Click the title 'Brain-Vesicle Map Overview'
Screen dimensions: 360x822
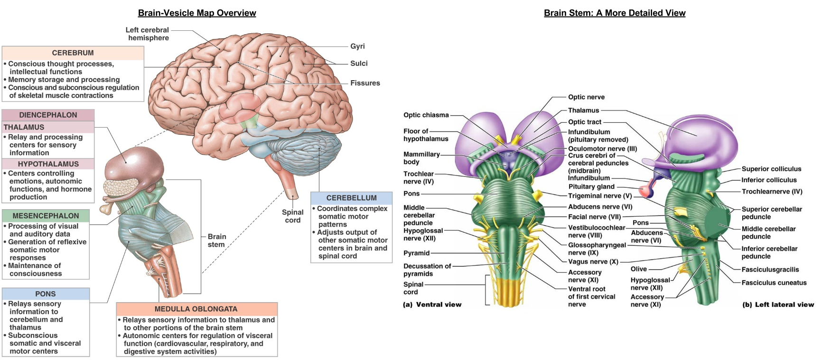(x=197, y=13)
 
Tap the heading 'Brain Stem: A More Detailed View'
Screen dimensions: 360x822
(x=615, y=13)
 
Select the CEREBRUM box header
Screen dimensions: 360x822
(x=73, y=53)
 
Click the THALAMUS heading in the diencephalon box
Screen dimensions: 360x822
(x=24, y=127)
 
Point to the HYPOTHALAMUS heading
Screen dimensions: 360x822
(x=48, y=164)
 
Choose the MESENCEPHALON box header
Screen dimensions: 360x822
(x=46, y=216)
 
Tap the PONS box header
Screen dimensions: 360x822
(x=46, y=294)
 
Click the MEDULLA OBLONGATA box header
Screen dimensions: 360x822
(x=196, y=309)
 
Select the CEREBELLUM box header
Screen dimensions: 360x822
(x=351, y=198)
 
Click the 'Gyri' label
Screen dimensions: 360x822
(x=357, y=46)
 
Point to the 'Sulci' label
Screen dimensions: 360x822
(x=359, y=63)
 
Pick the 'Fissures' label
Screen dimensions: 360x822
(x=365, y=83)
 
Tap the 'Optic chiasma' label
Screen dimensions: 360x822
(x=426, y=115)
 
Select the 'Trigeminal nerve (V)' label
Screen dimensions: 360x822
(x=600, y=195)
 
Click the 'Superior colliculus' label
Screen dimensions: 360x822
(x=771, y=169)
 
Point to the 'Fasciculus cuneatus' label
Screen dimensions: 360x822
(x=774, y=283)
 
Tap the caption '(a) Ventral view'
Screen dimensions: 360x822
(x=432, y=305)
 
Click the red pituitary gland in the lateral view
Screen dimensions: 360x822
(x=646, y=190)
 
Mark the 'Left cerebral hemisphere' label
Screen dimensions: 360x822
(x=148, y=34)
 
